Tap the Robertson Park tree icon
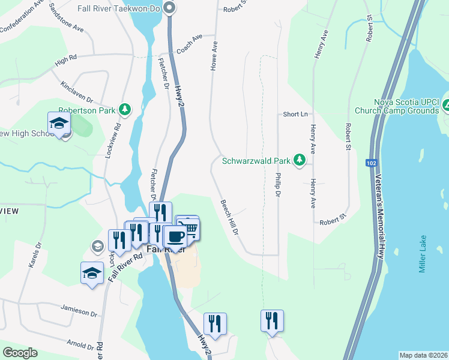[125, 110]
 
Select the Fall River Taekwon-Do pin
[169, 8]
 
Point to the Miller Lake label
[423, 254]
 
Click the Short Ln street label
[295, 114]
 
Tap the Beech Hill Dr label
[230, 217]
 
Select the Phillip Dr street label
[278, 185]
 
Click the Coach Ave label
[190, 44]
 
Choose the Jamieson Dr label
[79, 310]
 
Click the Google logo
[20, 353]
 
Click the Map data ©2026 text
[423, 355]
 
